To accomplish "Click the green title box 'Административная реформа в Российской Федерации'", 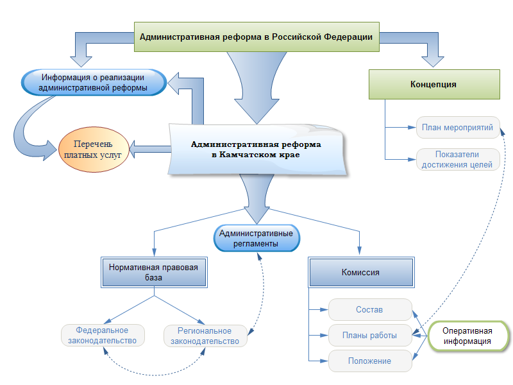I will [256, 37].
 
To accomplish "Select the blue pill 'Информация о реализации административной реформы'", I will [94, 83].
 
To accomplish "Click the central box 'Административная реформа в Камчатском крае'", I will [256, 150].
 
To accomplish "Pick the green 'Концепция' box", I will [433, 84].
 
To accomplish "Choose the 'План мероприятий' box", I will [457, 127].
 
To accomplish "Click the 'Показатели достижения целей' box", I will [457, 159].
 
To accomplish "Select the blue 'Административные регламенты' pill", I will [256, 238].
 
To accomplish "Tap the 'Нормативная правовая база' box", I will [154, 273].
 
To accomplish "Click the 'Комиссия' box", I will [360, 272].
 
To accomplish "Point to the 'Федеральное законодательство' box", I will [103, 336].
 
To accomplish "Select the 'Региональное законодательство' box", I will [205, 336].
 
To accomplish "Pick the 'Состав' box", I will [369, 310].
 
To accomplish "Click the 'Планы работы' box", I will [369, 335].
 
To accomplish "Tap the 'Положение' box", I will [369, 361].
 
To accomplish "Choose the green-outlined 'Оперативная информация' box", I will [467, 336].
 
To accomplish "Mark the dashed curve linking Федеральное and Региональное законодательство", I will [154, 370].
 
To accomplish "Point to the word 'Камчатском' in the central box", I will [250, 155].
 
